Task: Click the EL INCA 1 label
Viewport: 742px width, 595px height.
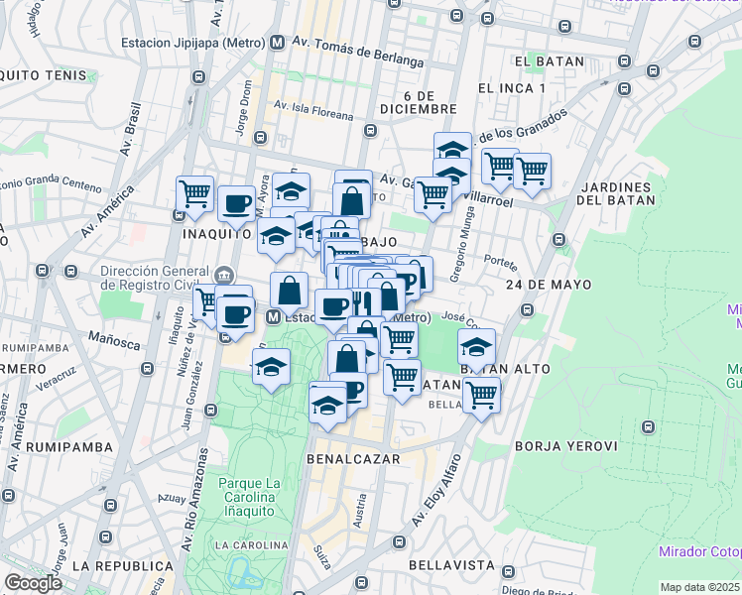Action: [x=512, y=88]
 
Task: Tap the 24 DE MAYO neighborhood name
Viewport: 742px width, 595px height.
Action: [x=549, y=285]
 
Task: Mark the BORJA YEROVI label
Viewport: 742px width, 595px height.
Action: [x=565, y=446]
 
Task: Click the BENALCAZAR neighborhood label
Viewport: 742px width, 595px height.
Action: [x=353, y=459]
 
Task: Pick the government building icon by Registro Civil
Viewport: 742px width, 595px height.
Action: [x=225, y=274]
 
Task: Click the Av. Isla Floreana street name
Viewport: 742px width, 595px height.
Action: [x=313, y=109]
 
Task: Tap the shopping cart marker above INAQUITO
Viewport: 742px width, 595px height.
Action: [x=194, y=193]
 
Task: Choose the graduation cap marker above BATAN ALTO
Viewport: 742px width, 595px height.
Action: [x=477, y=348]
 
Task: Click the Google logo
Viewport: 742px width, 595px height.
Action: [x=33, y=583]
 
